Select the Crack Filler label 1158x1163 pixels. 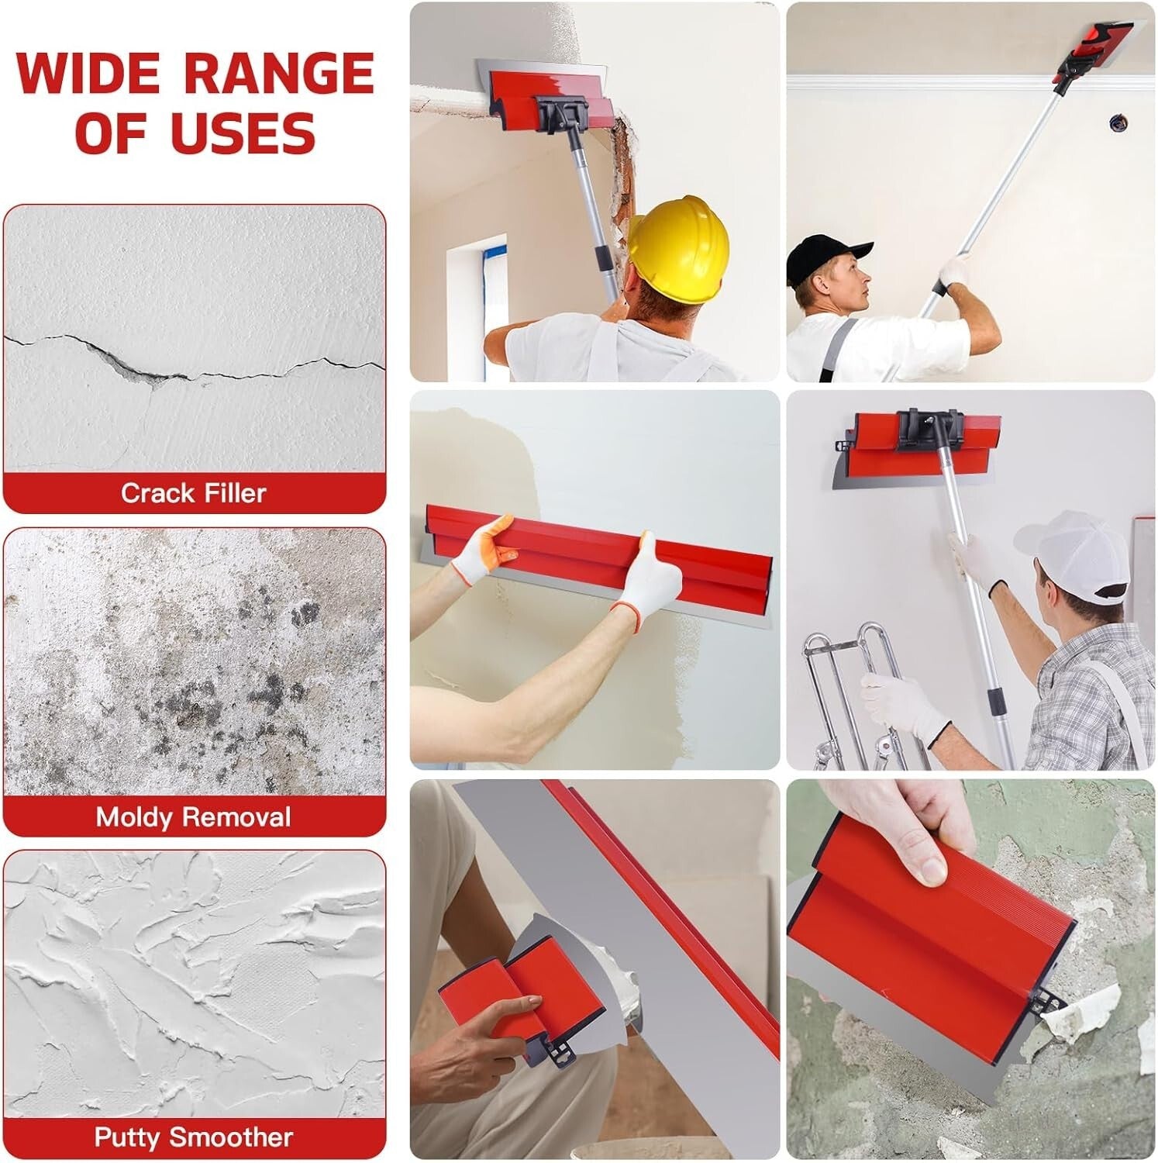pos(194,493)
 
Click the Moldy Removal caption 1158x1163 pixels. pos(194,817)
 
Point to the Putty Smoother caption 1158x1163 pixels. pos(194,1137)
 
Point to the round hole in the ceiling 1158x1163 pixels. pos(1117,122)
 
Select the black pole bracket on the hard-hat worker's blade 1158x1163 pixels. pos(563,114)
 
